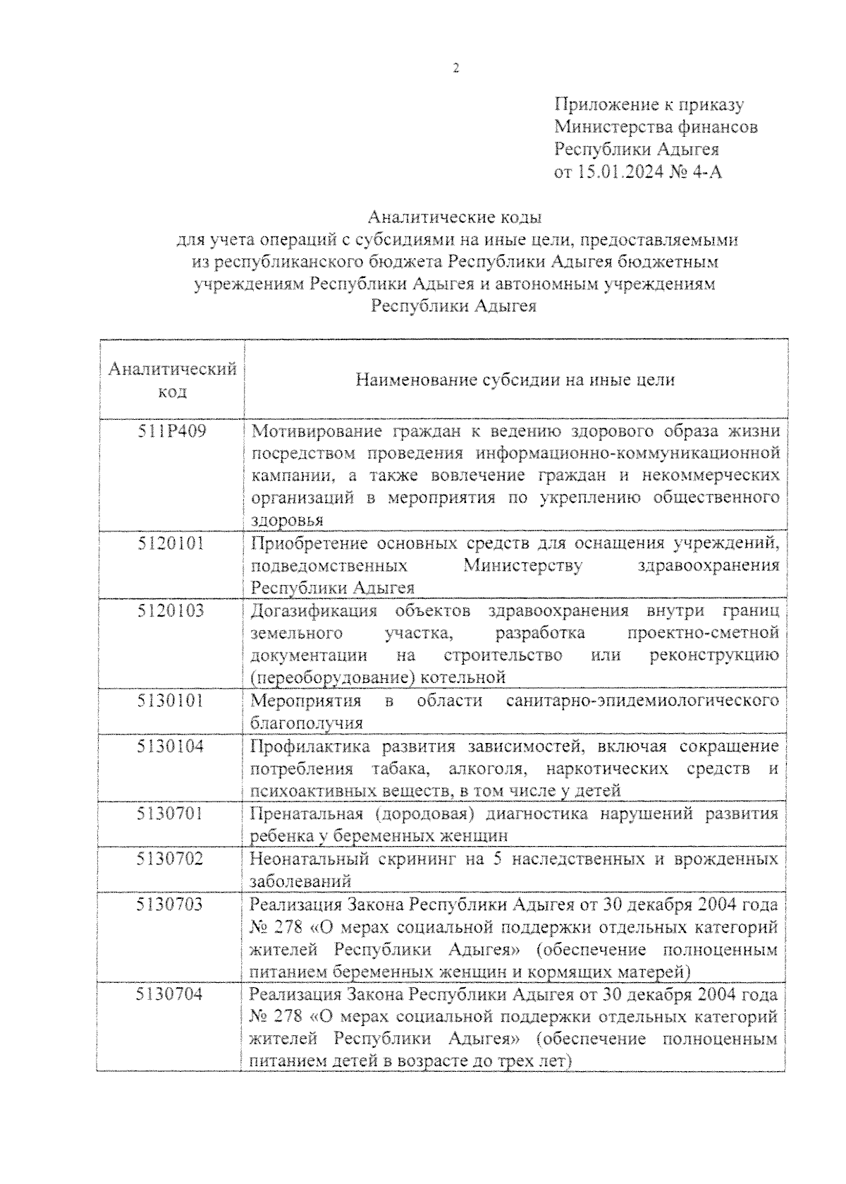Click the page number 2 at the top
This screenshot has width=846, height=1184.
click(455, 68)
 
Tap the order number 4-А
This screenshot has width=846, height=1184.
click(706, 171)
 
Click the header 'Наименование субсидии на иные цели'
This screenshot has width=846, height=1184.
click(515, 380)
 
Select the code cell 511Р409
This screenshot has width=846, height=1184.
click(172, 430)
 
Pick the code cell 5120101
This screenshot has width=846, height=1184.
click(172, 543)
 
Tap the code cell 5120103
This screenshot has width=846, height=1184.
click(172, 611)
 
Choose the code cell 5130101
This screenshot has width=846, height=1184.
click(172, 701)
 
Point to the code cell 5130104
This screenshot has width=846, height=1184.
click(172, 746)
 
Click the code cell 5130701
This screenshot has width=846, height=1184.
click(172, 814)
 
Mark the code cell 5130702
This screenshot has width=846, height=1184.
click(172, 859)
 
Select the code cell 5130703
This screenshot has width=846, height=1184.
click(172, 904)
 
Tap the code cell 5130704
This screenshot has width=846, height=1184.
click(172, 994)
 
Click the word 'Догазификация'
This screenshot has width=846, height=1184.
click(314, 611)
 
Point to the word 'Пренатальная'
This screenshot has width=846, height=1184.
click(307, 814)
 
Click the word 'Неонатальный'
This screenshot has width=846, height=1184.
click(307, 859)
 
